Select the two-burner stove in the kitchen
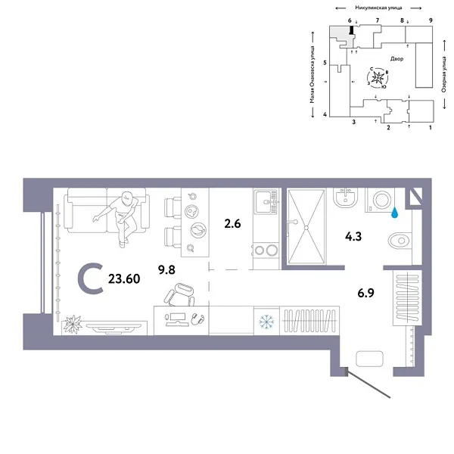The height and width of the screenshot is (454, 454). coord(266,249)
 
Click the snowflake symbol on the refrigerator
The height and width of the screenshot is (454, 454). coord(266,319)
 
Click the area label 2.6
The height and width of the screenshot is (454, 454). coord(233,223)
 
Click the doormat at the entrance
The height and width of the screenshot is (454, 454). coord(373,359)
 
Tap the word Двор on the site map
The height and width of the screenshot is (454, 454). coord(398,58)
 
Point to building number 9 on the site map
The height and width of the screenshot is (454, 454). coord(430,19)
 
